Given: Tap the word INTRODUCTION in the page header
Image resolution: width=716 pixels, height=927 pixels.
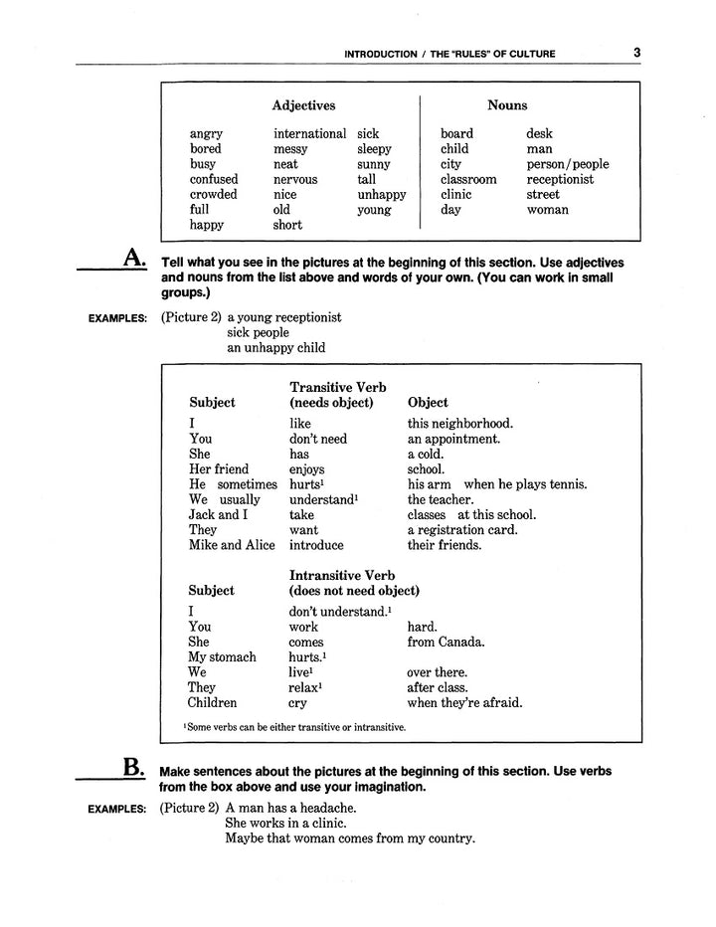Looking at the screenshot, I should click(379, 54).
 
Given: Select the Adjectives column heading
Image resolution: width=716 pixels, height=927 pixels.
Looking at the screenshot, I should click(303, 105).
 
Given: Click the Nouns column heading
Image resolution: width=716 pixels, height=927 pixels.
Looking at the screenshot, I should click(507, 105).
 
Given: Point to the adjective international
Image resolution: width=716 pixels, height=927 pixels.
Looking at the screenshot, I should click(310, 133).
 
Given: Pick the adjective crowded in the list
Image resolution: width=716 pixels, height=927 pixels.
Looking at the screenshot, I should click(214, 195).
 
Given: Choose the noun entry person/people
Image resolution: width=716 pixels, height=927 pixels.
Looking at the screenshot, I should click(568, 164).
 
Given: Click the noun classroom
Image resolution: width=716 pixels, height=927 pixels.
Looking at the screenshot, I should click(468, 180).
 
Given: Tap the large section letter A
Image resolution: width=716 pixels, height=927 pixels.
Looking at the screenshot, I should click(134, 261).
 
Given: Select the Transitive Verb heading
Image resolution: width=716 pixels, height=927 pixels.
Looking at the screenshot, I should click(337, 387).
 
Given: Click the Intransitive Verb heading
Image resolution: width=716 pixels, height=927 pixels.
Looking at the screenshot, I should click(342, 575).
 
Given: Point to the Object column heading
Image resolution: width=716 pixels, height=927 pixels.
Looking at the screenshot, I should click(429, 403).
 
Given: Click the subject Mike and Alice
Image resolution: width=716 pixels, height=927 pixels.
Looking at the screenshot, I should click(232, 545).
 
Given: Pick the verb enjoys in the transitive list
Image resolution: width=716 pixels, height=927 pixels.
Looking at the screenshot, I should click(306, 468).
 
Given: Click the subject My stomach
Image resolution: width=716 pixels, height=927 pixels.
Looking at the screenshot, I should click(222, 657).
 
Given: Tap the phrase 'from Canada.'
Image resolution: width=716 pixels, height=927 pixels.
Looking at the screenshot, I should click(446, 642).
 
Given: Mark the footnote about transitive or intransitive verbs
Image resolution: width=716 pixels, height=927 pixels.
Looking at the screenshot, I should click(294, 727).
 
